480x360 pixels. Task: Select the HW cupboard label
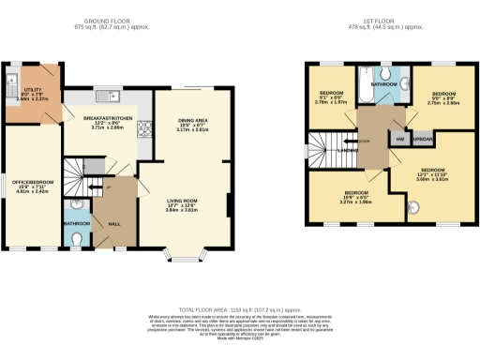(400, 139)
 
